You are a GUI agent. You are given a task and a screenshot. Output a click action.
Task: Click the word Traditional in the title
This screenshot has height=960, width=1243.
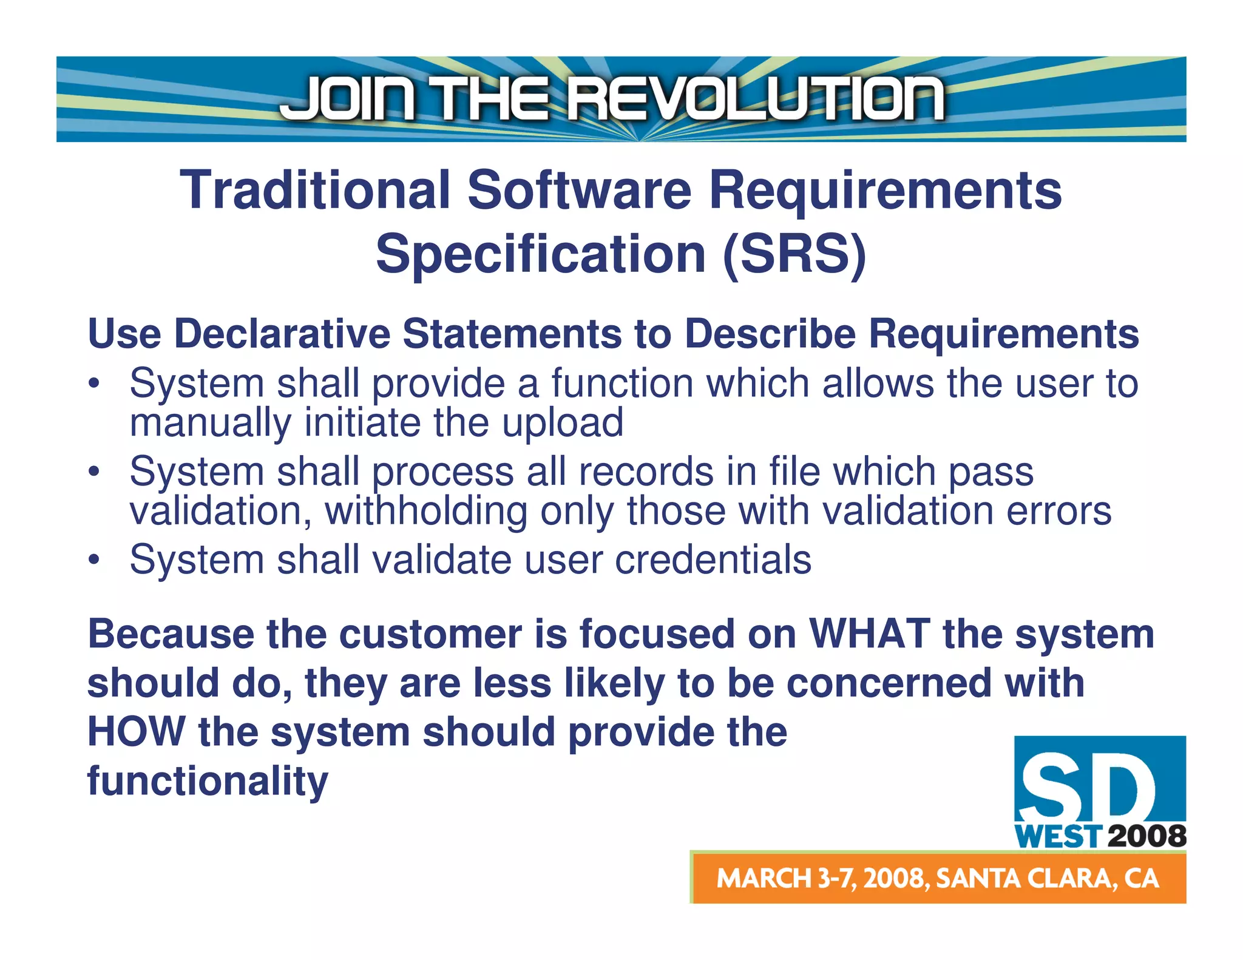315,191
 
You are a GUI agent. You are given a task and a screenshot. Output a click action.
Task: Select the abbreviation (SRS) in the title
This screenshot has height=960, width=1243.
794,254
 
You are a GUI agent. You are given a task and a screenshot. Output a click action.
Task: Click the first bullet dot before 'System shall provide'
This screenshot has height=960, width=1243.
93,384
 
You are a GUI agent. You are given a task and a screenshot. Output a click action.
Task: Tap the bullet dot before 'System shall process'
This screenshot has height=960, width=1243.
93,472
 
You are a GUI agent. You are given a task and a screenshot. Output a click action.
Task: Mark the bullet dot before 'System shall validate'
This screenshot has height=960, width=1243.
93,559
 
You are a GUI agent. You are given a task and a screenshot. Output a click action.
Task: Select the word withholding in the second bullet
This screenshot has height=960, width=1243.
426,511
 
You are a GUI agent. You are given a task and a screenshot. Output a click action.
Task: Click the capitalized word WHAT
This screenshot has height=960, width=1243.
870,634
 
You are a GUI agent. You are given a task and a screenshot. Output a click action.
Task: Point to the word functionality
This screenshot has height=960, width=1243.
208,781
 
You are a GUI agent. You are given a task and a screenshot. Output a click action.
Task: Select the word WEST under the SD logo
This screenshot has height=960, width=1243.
1058,837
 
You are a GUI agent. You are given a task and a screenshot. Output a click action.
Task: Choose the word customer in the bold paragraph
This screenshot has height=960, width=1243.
430,634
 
